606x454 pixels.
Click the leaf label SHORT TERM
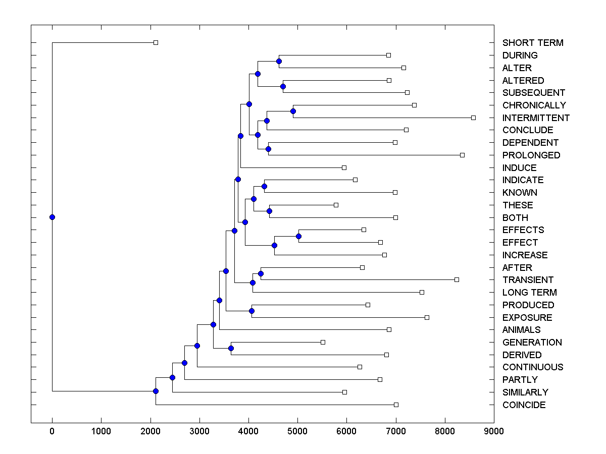[x=533, y=43]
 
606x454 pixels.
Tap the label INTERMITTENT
[x=536, y=118]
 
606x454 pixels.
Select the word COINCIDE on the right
[x=524, y=405]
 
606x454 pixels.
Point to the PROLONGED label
[x=531, y=155]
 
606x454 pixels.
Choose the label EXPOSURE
[x=527, y=318]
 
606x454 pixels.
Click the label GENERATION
[x=532, y=343]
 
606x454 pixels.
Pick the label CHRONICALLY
[x=534, y=105]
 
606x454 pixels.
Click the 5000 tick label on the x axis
[x=297, y=431]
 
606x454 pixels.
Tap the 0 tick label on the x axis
[x=52, y=431]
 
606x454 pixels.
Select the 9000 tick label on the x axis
[x=493, y=431]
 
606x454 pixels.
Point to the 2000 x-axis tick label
[x=150, y=431]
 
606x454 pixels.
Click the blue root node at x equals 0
[x=52, y=217]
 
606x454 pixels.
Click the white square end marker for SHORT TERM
[x=156, y=42]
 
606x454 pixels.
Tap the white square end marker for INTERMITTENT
[x=473, y=118]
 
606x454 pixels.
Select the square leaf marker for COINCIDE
[x=396, y=405]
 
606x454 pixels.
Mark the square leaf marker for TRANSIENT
[x=457, y=279]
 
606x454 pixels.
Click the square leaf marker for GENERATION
[x=323, y=342]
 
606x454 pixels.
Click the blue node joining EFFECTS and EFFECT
[x=298, y=236]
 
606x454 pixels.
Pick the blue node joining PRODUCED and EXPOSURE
[x=251, y=311]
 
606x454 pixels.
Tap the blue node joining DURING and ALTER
[x=279, y=61]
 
